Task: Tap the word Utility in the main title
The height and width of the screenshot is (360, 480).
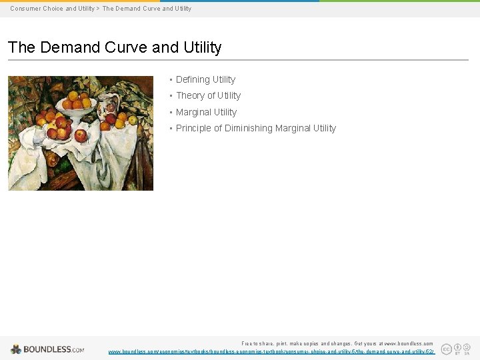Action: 199,48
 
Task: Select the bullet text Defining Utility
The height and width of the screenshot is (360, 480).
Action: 205,79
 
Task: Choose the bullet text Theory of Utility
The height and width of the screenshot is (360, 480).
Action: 208,95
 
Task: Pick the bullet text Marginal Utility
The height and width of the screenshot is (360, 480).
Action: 206,112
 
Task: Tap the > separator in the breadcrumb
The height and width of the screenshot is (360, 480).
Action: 98,9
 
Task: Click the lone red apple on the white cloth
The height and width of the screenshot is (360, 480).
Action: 81,135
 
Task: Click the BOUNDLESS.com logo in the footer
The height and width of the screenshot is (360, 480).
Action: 47,349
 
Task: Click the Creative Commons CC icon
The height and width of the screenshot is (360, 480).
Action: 447,349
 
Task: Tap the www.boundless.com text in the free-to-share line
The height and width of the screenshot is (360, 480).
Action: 407,343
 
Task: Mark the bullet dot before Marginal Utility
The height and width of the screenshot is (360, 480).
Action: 171,112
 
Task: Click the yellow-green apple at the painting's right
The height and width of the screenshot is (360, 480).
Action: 132,121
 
